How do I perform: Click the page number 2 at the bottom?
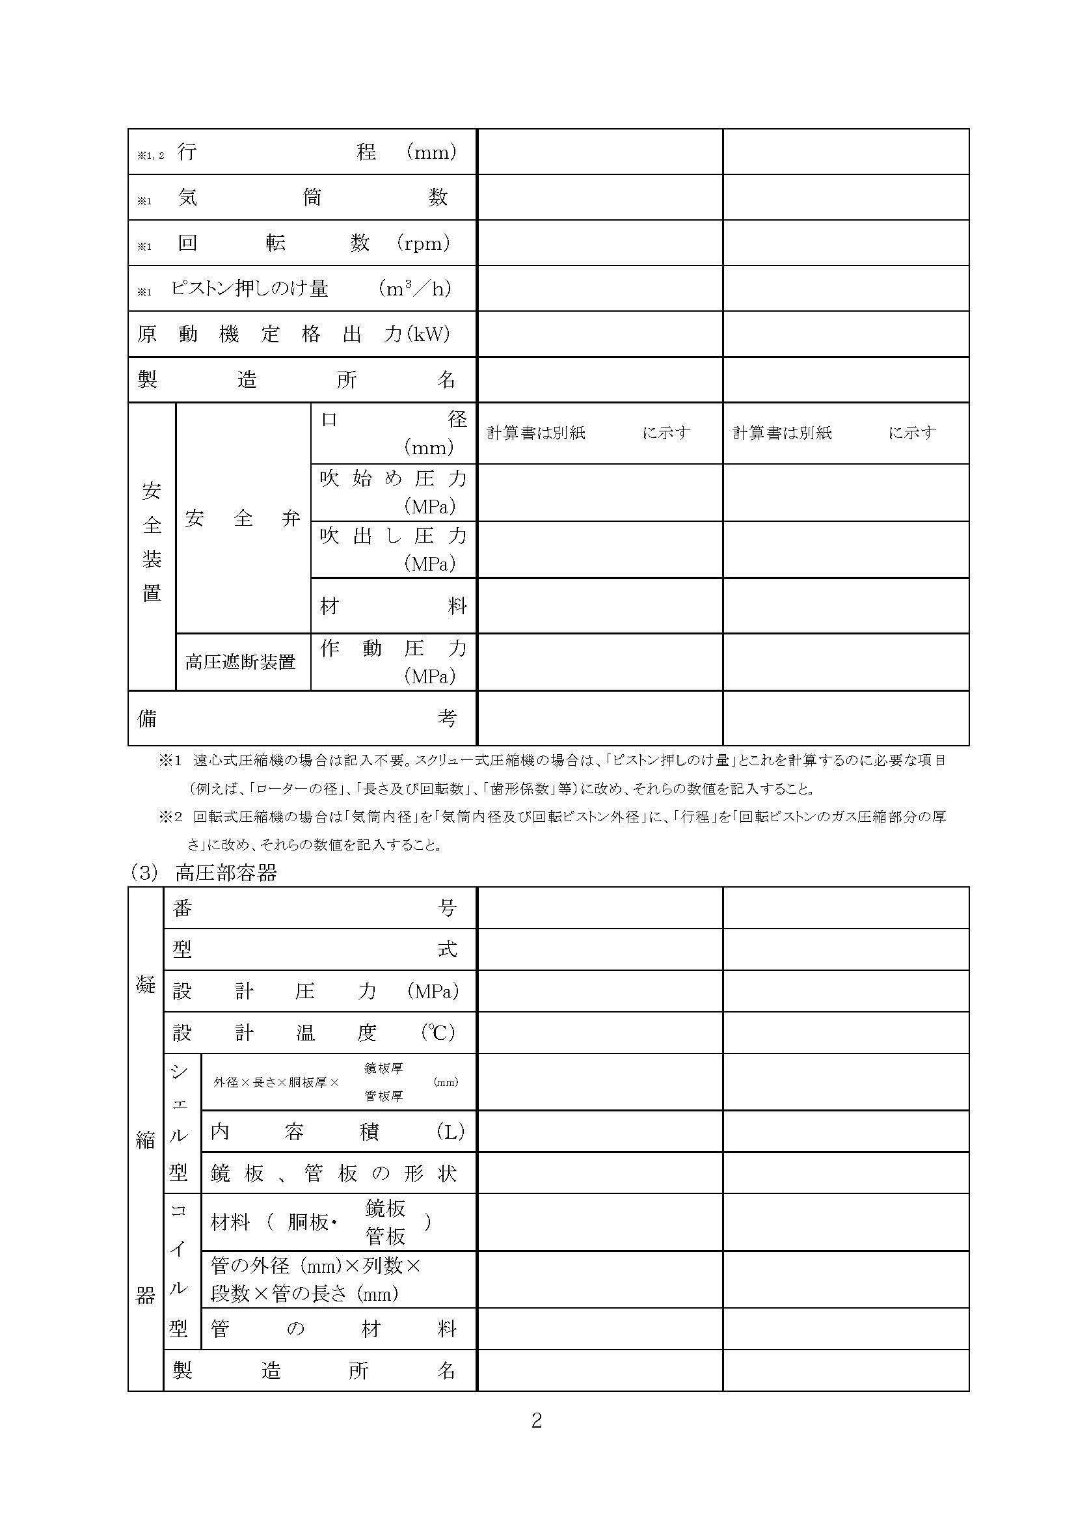pyautogui.click(x=537, y=1420)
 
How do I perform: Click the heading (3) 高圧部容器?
pyautogui.click(x=204, y=873)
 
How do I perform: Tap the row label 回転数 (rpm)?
pyautogui.click(x=314, y=243)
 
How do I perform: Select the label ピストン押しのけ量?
pyautogui.click(x=250, y=288)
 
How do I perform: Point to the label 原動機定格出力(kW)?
pyautogui.click(x=293, y=334)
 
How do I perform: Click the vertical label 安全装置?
pyautogui.click(x=152, y=541)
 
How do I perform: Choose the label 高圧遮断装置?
pyautogui.click(x=241, y=662)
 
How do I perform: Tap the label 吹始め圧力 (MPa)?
pyautogui.click(x=393, y=492)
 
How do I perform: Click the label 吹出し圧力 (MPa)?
pyautogui.click(x=393, y=549)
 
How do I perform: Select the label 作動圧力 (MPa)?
pyautogui.click(x=393, y=662)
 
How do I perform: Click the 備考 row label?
pyautogui.click(x=297, y=718)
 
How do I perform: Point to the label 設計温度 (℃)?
pyautogui.click(x=314, y=1033)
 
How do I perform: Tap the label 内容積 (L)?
pyautogui.click(x=337, y=1132)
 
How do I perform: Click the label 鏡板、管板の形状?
pyautogui.click(x=333, y=1174)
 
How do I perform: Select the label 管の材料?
pyautogui.click(x=333, y=1329)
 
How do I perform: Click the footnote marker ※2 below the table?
pyautogui.click(x=170, y=817)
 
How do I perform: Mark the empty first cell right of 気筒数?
pyautogui.click(x=600, y=198)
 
